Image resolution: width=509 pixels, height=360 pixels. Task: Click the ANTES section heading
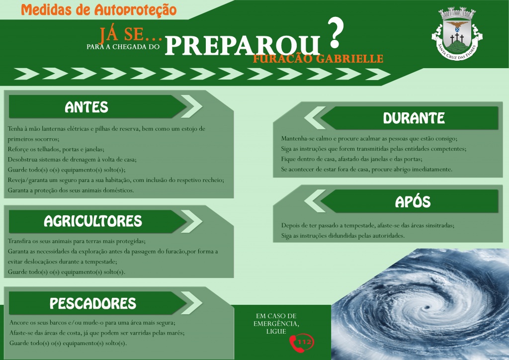click(86, 107)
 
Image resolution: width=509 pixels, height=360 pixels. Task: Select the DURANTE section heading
click(414, 118)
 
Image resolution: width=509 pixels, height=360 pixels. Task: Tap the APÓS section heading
click(413, 201)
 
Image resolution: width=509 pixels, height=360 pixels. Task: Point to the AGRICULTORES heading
click(93, 221)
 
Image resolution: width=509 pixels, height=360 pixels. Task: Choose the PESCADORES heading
click(93, 303)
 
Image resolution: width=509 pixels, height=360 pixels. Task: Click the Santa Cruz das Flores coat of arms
click(457, 34)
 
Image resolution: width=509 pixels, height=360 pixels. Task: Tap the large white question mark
click(336, 32)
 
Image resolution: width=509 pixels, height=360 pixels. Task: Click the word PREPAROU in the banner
click(243, 46)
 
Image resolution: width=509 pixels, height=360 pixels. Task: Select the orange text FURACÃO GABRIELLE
click(318, 59)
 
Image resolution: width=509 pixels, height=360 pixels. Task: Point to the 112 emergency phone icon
click(302, 343)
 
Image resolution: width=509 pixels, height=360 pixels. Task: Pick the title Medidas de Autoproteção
click(99, 9)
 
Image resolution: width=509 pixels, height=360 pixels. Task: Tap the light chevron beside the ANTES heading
click(191, 106)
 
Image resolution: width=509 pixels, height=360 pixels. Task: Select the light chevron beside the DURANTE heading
click(315, 118)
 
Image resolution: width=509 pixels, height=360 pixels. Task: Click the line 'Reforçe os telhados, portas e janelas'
click(56, 149)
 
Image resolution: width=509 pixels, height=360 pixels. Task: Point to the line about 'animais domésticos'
click(71, 190)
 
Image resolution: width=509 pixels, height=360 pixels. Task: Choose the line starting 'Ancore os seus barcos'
click(92, 323)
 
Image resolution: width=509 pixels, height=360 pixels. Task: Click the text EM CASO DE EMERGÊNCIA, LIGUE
click(276, 324)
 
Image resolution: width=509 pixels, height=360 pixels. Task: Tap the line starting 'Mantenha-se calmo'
click(369, 139)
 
